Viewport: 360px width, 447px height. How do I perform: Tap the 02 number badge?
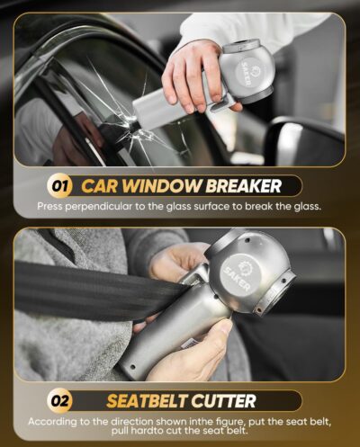click(59, 400)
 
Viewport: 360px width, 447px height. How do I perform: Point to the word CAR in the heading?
click(99, 187)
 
